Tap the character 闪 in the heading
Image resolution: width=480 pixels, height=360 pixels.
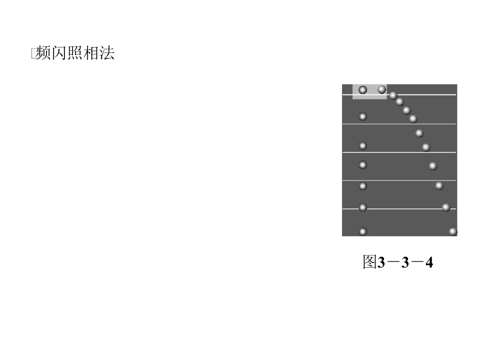pos(59,53)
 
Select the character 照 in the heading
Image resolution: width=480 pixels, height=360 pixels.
pos(75,53)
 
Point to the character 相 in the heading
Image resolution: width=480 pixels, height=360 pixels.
pos(91,53)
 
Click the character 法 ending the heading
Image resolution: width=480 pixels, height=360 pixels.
pos(107,53)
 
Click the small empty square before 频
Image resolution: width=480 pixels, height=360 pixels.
pos(34,53)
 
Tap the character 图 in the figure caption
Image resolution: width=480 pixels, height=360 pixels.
pos(369,262)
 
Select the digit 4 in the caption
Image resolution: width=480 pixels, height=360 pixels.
pos(429,262)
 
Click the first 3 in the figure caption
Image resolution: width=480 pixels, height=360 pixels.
pos(381,262)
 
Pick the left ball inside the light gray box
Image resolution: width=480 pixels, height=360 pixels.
pos(363,89)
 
